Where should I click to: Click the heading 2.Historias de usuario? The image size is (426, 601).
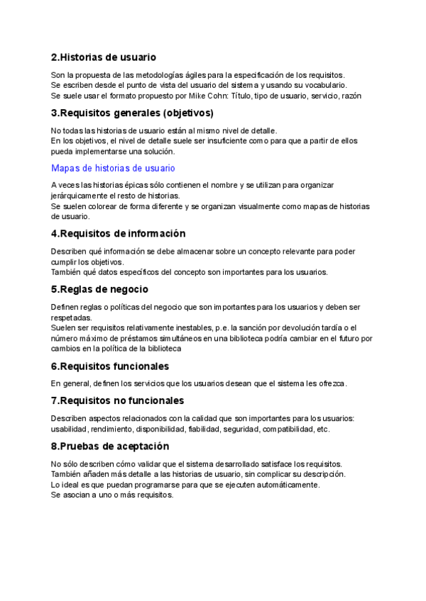point(104,57)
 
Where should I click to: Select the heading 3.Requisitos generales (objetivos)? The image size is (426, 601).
point(132,113)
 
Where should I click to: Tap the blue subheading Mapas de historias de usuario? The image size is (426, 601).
point(113,168)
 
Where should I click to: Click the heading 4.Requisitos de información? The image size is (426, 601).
point(118,234)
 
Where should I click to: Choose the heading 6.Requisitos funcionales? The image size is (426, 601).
point(110,366)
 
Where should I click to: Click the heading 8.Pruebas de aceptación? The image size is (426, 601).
point(110,446)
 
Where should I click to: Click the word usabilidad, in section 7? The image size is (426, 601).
point(70,429)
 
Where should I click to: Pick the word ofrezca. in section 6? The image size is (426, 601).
point(330,383)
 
